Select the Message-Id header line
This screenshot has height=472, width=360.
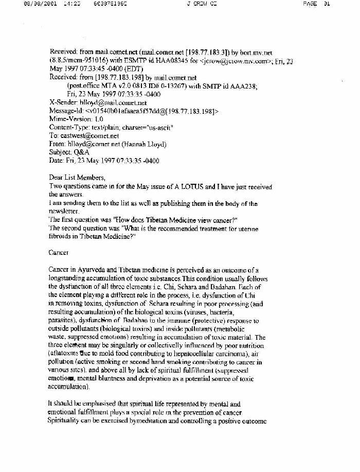[134, 111]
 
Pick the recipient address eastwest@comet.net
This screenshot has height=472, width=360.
[89, 135]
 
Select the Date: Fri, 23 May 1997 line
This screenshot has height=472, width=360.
[104, 161]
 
